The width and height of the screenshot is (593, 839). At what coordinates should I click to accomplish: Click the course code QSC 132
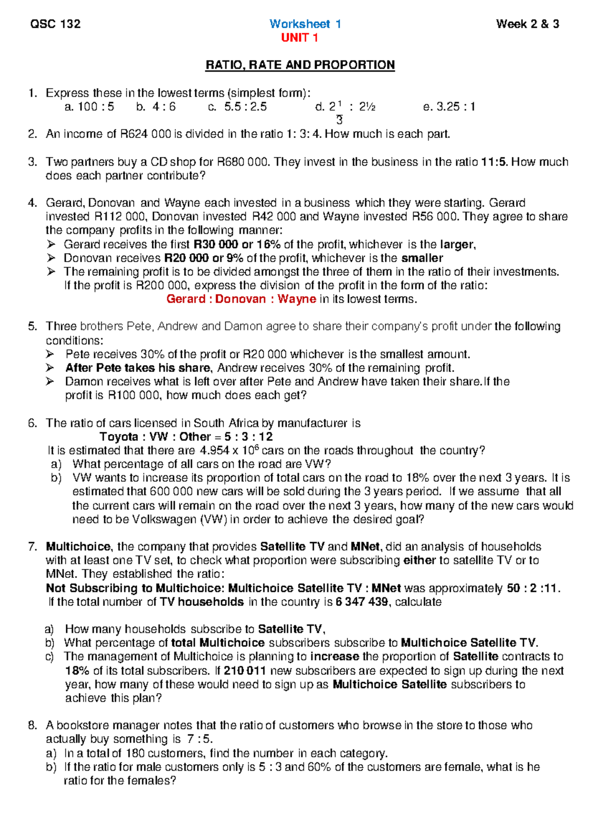55,24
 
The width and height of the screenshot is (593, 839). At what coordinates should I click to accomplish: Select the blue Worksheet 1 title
305,24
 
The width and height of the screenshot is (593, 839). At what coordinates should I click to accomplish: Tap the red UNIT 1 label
299,38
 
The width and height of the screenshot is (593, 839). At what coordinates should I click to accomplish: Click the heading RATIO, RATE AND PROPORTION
300,65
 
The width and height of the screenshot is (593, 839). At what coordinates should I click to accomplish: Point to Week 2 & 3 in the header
527,24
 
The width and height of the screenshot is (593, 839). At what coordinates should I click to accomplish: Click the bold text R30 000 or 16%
237,244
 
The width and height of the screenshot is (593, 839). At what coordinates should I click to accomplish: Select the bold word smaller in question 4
422,258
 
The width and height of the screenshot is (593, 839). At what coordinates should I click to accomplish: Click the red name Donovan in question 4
240,299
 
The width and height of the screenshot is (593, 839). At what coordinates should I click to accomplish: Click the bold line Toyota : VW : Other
186,436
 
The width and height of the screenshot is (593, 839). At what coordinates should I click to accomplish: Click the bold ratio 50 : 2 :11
533,588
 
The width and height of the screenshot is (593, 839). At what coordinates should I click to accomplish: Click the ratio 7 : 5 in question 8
200,739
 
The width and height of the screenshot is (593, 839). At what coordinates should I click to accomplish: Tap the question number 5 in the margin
32,326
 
